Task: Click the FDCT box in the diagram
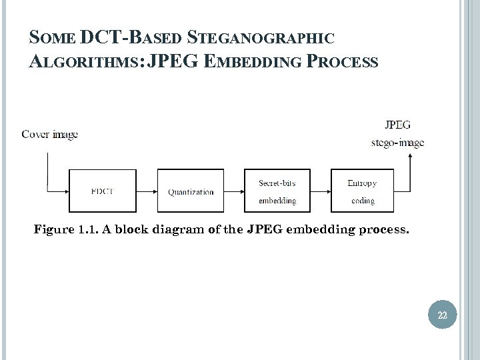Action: point(103,191)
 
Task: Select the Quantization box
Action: point(191,191)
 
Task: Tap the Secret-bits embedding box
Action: point(277,191)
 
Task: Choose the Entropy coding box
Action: point(362,191)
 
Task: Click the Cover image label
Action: point(49,135)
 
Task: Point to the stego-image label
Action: point(397,142)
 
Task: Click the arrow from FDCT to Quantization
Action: point(147,191)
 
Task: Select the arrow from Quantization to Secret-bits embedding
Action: point(234,191)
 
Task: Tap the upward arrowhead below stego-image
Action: point(410,157)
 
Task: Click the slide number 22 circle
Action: point(443,315)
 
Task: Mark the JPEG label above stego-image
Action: point(397,125)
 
